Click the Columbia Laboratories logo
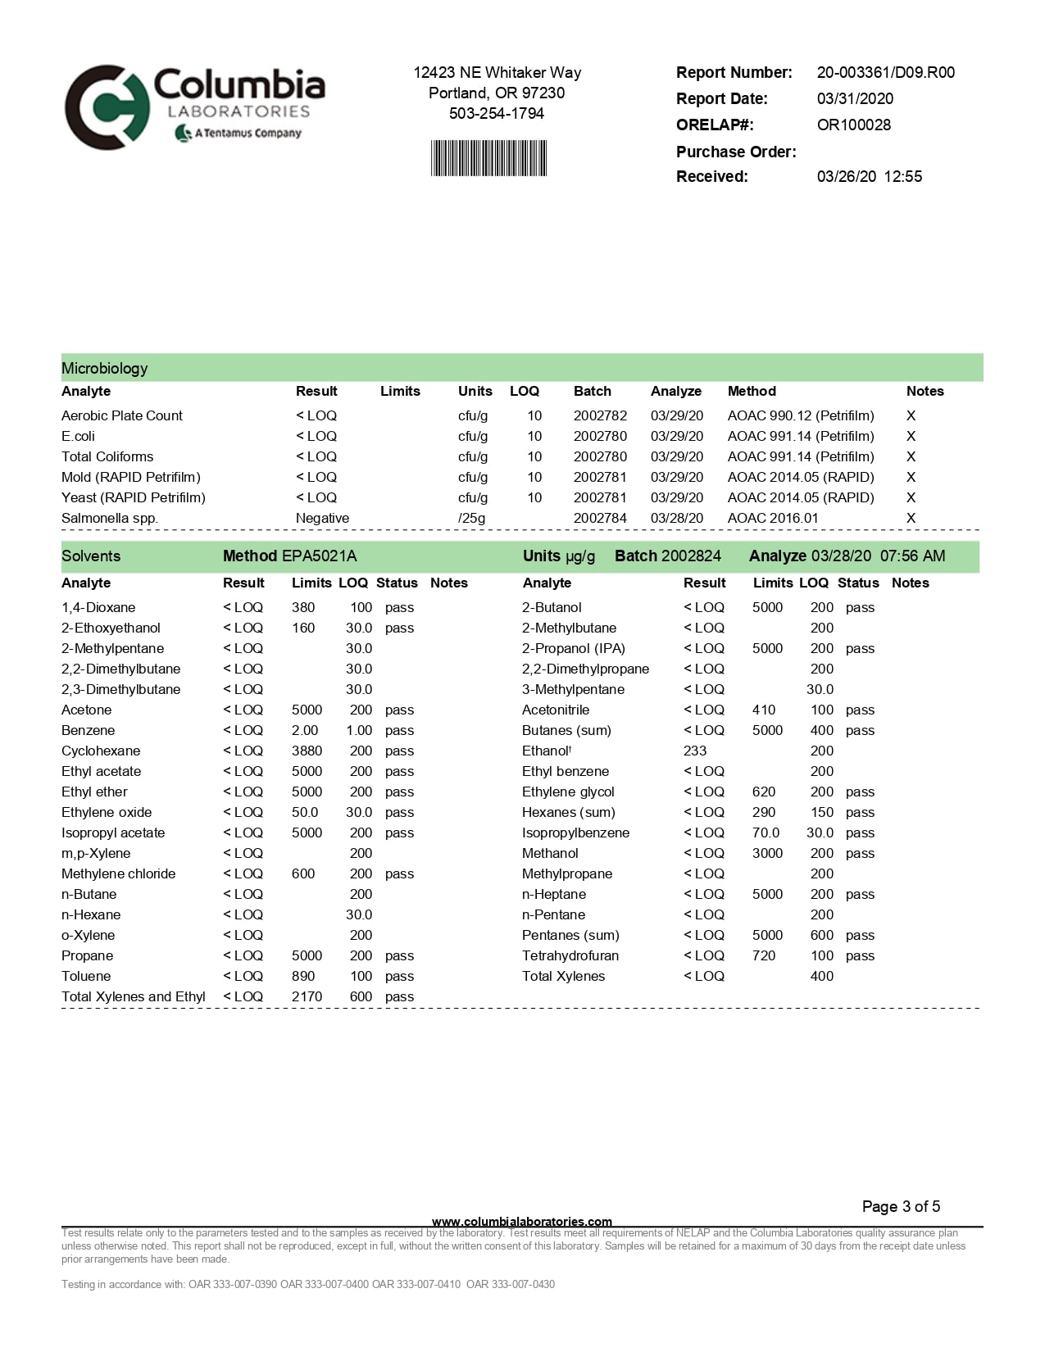point(195,107)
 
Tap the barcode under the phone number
point(488,158)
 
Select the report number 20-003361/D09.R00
point(885,72)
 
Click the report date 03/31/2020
point(855,98)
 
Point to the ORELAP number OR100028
point(853,125)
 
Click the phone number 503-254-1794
point(496,113)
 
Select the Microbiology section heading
point(105,368)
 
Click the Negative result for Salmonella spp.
point(322,518)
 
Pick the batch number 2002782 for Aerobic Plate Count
point(600,415)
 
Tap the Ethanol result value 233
point(695,751)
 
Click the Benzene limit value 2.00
point(305,730)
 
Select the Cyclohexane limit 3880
point(307,751)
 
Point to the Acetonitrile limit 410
point(764,710)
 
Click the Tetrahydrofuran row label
point(570,955)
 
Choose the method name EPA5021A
point(319,556)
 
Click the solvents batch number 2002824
point(691,556)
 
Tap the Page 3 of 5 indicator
point(901,1206)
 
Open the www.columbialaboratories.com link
point(521,1221)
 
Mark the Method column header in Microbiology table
point(752,391)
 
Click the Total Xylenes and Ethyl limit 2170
point(307,996)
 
